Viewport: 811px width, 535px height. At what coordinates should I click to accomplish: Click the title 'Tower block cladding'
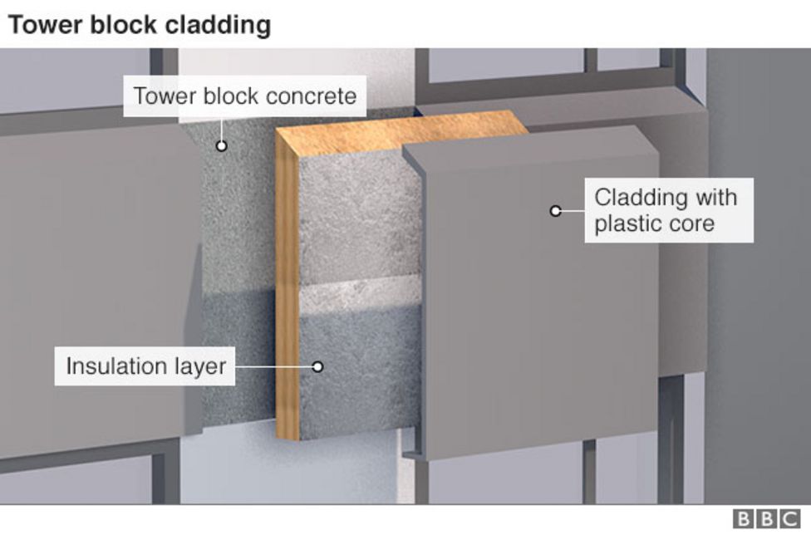pos(139,25)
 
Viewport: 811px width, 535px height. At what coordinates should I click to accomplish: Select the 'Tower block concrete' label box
pos(245,96)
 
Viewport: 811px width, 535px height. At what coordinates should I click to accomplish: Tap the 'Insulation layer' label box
pos(145,366)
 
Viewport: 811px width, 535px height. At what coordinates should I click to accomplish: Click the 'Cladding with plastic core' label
pos(668,210)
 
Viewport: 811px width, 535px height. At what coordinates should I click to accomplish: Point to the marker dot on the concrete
pos(222,146)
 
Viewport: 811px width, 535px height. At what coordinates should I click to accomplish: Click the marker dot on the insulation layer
pos(317,366)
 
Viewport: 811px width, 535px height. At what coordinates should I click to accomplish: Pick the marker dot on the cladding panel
pos(556,211)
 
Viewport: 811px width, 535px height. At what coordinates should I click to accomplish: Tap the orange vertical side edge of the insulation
pos(287,291)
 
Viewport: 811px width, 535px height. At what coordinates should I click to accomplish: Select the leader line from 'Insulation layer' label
pos(274,366)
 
